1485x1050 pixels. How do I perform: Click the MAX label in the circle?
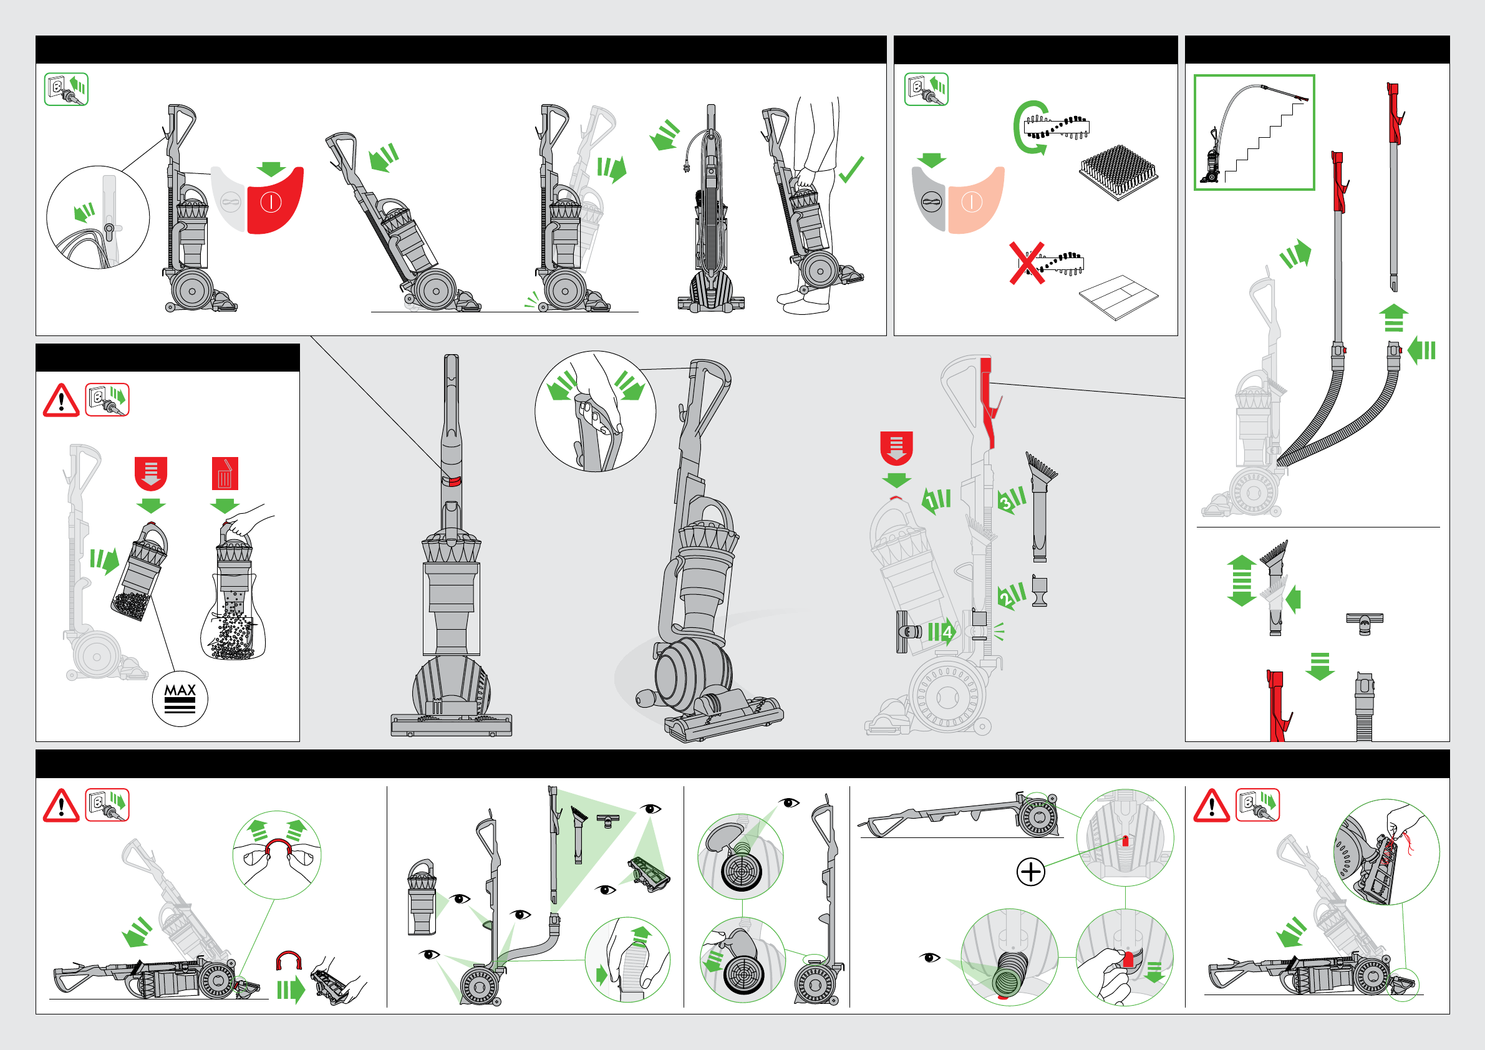tap(180, 690)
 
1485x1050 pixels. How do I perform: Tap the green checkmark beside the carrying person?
tap(851, 170)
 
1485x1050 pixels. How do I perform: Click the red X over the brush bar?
tap(1027, 263)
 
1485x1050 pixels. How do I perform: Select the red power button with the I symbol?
tap(275, 201)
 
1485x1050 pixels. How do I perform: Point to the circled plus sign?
tap(1031, 872)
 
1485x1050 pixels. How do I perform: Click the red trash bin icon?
tap(225, 473)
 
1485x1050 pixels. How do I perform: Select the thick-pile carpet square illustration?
tap(1118, 172)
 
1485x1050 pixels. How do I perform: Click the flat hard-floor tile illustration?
tap(1118, 297)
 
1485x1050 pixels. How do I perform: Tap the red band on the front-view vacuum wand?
tap(452, 480)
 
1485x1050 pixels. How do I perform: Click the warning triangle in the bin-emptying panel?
tap(60, 400)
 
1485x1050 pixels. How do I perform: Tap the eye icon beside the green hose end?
tap(930, 957)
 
